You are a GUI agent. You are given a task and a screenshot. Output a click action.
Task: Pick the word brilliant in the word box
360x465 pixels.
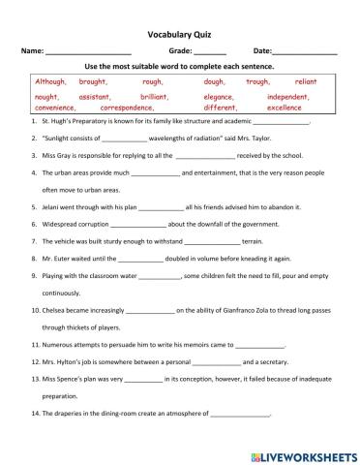click(x=155, y=98)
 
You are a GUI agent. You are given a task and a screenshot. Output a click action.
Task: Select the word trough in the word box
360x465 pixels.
click(x=257, y=82)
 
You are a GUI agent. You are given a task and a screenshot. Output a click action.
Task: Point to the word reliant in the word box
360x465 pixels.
click(x=306, y=82)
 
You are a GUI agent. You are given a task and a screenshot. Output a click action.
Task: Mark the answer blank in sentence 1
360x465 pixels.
click(x=279, y=125)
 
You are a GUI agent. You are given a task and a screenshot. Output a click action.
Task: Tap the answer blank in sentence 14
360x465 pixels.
click(x=239, y=414)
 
